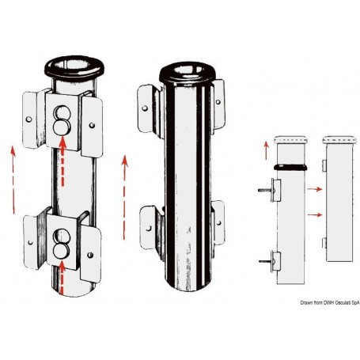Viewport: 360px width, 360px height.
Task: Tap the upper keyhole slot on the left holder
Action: pyautogui.click(x=63, y=120)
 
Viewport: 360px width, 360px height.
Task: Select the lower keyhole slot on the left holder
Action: pyautogui.click(x=61, y=244)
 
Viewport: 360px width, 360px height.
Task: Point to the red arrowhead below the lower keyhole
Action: pyautogui.click(x=62, y=265)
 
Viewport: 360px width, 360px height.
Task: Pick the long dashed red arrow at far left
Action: pyautogui.click(x=13, y=180)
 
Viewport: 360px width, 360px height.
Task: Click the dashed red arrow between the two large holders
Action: pyautogui.click(x=124, y=198)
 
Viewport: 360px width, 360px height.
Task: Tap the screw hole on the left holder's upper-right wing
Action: pyautogui.click(x=92, y=125)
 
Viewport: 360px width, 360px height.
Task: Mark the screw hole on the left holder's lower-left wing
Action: pyautogui.click(x=31, y=242)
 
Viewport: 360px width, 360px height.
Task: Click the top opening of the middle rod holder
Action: pyautogui.click(x=188, y=69)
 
